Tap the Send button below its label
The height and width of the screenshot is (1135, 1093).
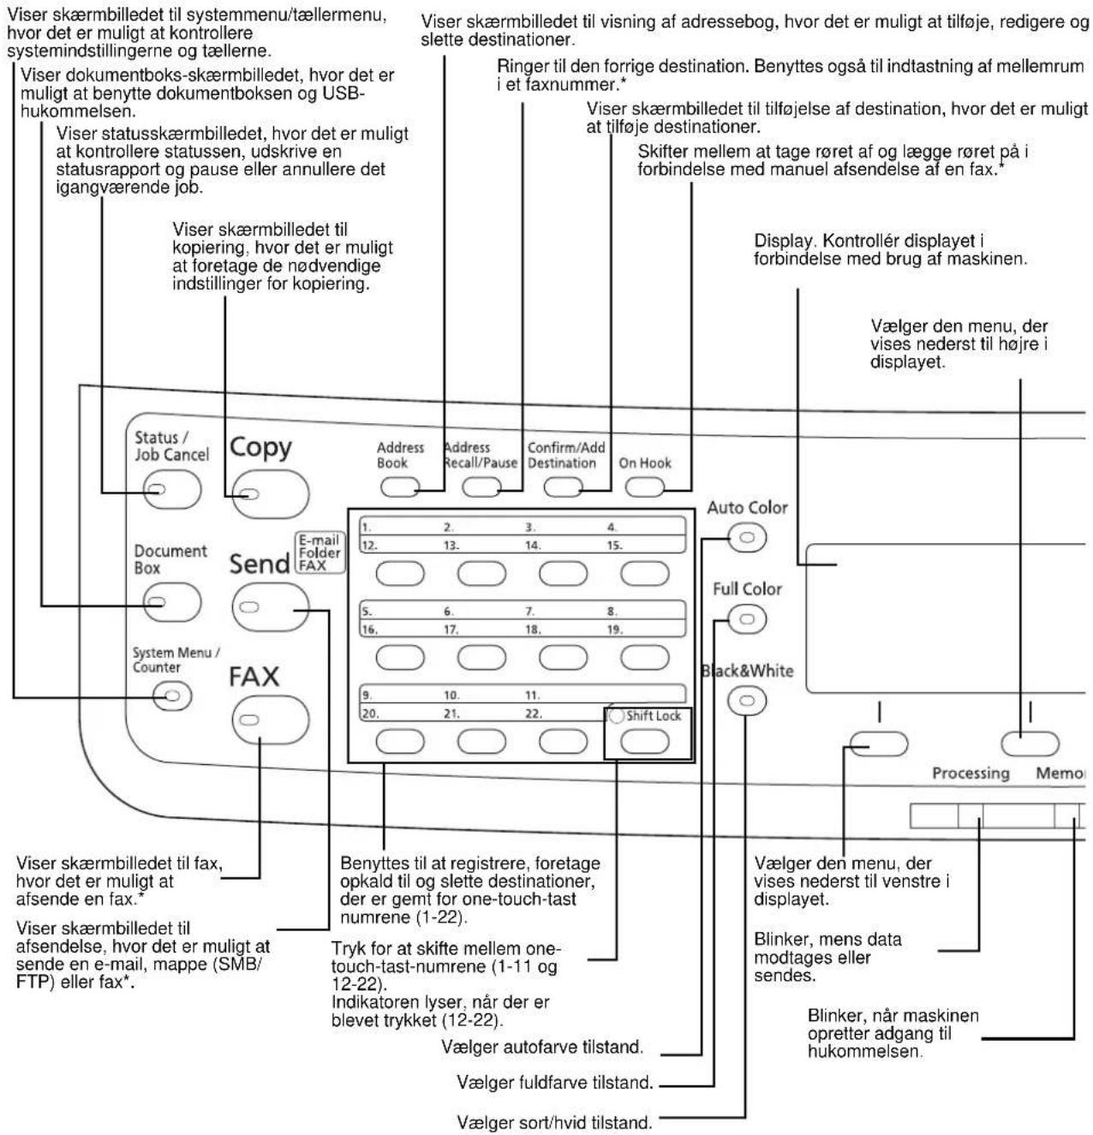(270, 607)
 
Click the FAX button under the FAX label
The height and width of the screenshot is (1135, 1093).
(270, 720)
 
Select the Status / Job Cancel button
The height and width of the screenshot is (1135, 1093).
(173, 489)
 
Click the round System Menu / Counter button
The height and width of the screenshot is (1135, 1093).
(172, 696)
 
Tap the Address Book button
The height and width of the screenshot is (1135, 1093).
(400, 487)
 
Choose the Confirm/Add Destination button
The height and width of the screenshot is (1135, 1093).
(563, 487)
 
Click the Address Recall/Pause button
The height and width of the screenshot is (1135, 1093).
(481, 487)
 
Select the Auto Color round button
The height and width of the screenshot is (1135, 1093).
(747, 537)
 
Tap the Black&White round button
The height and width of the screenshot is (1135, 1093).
(747, 701)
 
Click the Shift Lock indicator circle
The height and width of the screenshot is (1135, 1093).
(617, 715)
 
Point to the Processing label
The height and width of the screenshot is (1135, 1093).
(971, 774)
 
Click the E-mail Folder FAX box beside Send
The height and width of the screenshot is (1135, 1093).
(320, 553)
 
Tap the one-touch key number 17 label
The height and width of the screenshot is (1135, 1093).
(451, 630)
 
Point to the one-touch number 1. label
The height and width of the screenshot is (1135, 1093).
(367, 528)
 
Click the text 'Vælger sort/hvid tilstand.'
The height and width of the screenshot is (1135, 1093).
(554, 1122)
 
